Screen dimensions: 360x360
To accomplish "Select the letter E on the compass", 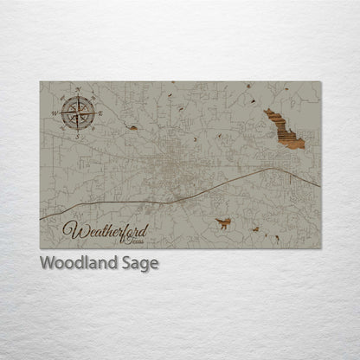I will [x=100, y=114].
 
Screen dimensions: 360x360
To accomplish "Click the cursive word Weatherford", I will [x=106, y=231].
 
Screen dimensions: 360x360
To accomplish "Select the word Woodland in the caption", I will [x=73, y=263].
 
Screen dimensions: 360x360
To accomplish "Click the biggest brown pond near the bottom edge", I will [x=223, y=223].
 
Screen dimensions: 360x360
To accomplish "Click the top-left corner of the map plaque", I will [x=40, y=81].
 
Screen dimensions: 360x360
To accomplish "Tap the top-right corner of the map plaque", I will [x=321, y=81].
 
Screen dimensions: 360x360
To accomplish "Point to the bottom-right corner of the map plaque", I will [x=321, y=248].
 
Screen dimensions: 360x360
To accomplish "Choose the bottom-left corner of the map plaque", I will [x=40, y=248].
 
